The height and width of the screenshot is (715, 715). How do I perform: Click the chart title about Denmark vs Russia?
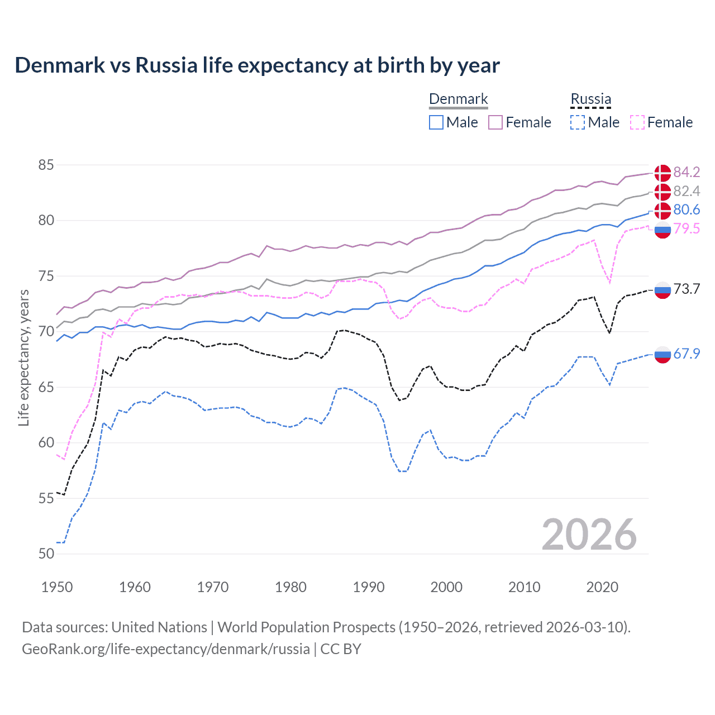pos(257,65)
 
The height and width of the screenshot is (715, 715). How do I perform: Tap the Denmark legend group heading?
pos(459,99)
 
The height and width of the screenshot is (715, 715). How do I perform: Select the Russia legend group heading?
pos(590,99)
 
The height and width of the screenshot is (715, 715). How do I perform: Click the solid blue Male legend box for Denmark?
pos(436,122)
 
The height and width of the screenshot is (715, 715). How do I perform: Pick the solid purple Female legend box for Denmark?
pos(495,122)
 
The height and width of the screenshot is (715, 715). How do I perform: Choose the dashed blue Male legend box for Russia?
pos(578,122)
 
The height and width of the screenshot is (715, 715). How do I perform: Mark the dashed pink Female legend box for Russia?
pos(637,122)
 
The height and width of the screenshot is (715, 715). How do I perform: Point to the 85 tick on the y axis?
pos(46,165)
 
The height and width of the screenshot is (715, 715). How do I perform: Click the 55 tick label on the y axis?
pos(46,498)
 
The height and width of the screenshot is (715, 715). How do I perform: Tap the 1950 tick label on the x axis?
pos(57,587)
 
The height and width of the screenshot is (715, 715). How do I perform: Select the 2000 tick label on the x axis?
pos(446,587)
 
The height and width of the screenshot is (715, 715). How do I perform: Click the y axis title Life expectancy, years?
pos(23,358)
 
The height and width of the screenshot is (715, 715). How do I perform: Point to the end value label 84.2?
pos(687,172)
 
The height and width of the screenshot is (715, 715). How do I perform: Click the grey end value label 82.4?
pos(687,191)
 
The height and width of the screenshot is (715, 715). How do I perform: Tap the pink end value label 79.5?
pos(687,228)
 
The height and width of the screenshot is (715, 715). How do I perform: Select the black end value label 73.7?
pos(687,289)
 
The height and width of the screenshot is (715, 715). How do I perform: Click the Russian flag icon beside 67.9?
pos(662,354)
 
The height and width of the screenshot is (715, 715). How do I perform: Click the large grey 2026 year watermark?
pos(589,535)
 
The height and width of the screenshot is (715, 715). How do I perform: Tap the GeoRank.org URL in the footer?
pos(166,649)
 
